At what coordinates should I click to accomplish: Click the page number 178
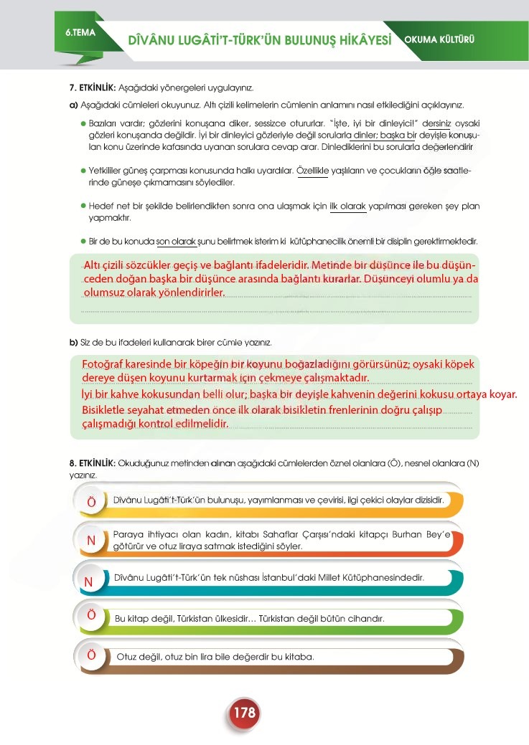point(244,713)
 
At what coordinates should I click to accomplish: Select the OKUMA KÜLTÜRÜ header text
point(440,39)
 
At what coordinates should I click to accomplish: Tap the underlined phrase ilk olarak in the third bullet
point(348,207)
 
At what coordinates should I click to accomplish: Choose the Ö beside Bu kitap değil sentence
point(91,615)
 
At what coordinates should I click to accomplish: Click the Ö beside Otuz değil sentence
point(91,655)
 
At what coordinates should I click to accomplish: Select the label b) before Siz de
point(73,341)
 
